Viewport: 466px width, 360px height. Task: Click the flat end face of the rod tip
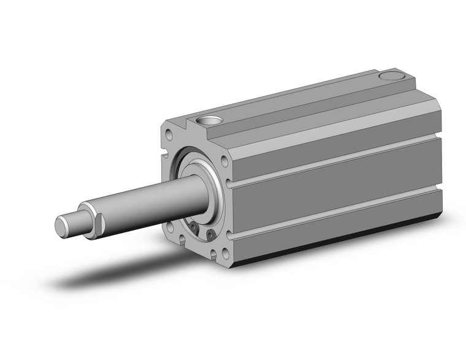click(x=62, y=226)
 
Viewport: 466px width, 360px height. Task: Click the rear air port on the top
click(x=388, y=77)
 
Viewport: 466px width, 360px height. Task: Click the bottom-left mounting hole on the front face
click(x=170, y=230)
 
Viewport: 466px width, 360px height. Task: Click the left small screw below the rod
click(x=195, y=228)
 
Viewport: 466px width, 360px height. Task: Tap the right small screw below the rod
click(x=211, y=234)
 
